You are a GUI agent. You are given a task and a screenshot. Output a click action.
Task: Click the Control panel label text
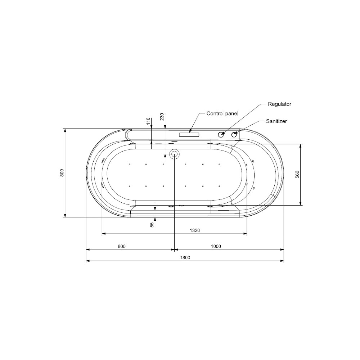pyautogui.click(x=222, y=113)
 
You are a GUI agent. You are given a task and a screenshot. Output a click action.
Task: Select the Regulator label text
pyautogui.click(x=279, y=104)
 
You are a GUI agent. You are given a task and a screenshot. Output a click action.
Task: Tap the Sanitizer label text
pyautogui.click(x=276, y=122)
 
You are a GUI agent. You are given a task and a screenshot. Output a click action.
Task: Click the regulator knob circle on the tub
pyautogui.click(x=221, y=135)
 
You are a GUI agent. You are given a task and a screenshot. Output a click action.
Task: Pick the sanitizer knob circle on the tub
pyautogui.click(x=234, y=135)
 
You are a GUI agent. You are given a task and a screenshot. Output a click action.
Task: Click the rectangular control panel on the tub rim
pyautogui.click(x=189, y=135)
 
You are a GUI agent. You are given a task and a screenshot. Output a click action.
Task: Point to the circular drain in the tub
pyautogui.click(x=175, y=154)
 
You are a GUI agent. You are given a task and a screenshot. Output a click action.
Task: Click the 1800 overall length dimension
pyautogui.click(x=185, y=257)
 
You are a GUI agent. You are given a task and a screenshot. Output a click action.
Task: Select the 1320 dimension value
pyautogui.click(x=194, y=230)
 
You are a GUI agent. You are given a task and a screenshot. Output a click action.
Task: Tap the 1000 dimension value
pyautogui.click(x=216, y=246)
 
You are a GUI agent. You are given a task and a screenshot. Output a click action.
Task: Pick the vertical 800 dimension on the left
pyautogui.click(x=62, y=173)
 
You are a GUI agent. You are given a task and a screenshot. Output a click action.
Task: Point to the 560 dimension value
pyautogui.click(x=297, y=174)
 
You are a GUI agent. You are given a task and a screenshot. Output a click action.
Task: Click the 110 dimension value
pyautogui.click(x=148, y=121)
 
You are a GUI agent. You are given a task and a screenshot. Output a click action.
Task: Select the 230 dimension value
pyautogui.click(x=162, y=117)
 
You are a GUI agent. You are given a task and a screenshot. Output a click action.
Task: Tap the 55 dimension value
pyautogui.click(x=152, y=224)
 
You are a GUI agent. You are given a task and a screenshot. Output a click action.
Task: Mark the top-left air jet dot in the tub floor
pyautogui.click(x=129, y=165)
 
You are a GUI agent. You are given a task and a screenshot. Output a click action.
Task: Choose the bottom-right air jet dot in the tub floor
pyautogui.click(x=219, y=186)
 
